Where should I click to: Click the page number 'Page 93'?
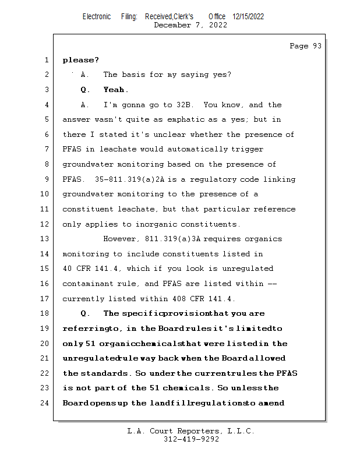click(x=305, y=46)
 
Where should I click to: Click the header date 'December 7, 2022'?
click(x=190, y=25)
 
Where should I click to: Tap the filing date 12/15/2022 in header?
click(x=248, y=17)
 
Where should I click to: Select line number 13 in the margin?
click(x=45, y=239)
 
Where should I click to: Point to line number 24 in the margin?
click(x=45, y=403)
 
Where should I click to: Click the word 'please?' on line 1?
click(x=81, y=60)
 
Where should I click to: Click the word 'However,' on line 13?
click(x=121, y=239)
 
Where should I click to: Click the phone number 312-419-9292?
click(x=190, y=439)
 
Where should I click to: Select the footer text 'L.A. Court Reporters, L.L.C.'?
click(x=190, y=432)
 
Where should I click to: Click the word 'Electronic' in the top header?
click(x=97, y=17)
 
